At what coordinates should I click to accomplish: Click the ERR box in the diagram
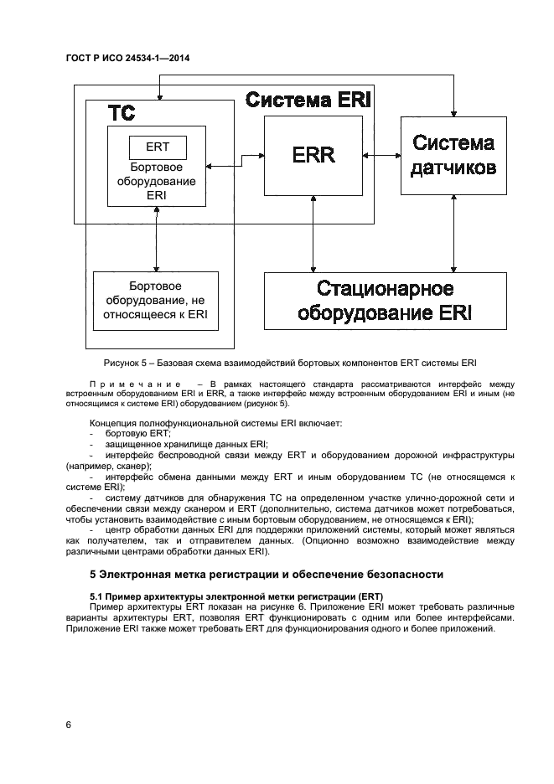click(x=313, y=156)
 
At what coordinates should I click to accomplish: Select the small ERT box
click(x=157, y=147)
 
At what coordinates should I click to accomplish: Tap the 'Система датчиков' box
click(x=453, y=156)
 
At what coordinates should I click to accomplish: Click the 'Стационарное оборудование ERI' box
click(x=385, y=301)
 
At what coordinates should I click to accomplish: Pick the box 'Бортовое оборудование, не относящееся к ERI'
click(x=155, y=300)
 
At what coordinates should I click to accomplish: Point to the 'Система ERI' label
click(x=308, y=101)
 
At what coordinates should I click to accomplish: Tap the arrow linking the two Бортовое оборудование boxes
click(x=157, y=238)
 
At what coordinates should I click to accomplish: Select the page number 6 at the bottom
click(x=68, y=725)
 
